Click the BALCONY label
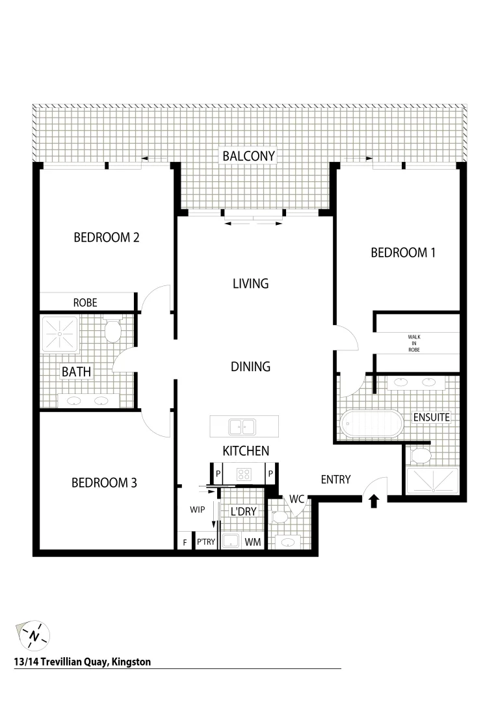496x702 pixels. [x=249, y=156]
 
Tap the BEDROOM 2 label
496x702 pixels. [x=107, y=237]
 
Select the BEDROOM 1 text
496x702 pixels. [x=402, y=252]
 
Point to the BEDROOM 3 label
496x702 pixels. [x=104, y=482]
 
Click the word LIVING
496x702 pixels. [x=250, y=283]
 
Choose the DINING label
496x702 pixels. [x=250, y=367]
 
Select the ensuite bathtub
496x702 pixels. [x=372, y=424]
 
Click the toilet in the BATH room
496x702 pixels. [x=113, y=331]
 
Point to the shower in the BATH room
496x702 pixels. [x=60, y=334]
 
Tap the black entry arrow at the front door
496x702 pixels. [x=374, y=501]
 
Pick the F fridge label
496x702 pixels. [x=185, y=541]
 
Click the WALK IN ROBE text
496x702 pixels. [x=414, y=343]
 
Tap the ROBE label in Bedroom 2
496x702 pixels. [x=85, y=302]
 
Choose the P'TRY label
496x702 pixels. [x=206, y=541]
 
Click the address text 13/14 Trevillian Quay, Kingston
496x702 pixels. [x=82, y=662]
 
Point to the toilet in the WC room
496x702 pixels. [x=280, y=517]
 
